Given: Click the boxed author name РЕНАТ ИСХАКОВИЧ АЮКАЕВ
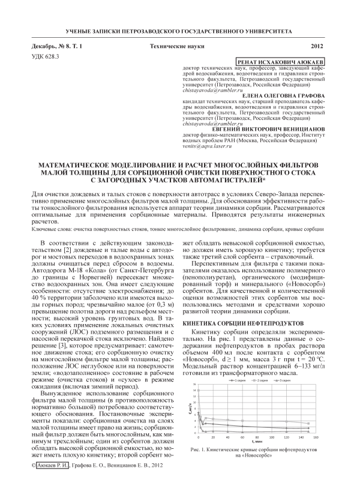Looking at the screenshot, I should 283,62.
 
